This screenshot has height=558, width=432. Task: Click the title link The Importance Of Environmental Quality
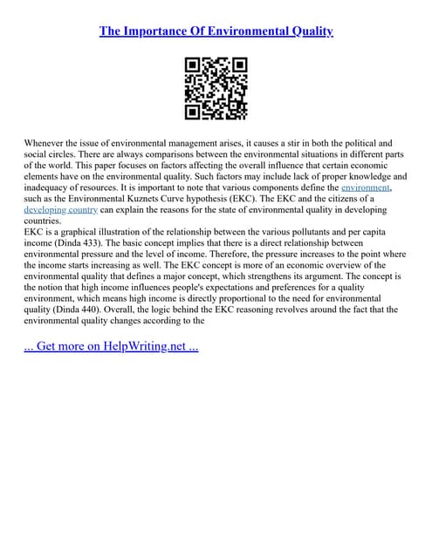[216, 31]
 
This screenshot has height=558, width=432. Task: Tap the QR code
[216, 88]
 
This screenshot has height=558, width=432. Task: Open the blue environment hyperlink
[365, 187]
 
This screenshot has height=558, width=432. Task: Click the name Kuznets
[169, 199]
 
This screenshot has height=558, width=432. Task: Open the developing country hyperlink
[60, 210]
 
